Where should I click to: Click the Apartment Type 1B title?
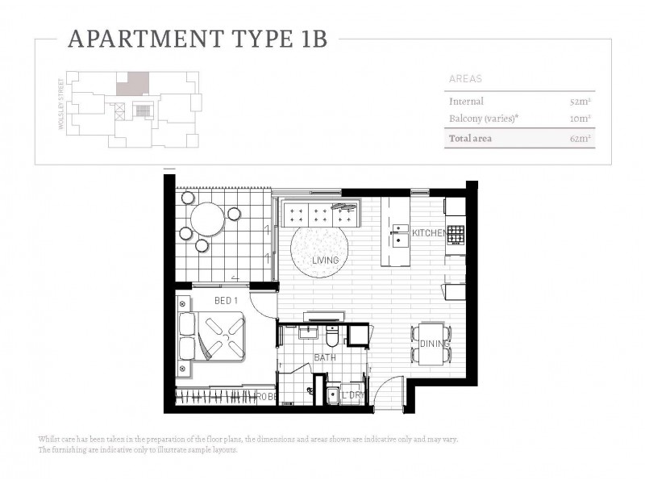click(x=198, y=39)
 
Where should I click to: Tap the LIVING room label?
click(x=325, y=261)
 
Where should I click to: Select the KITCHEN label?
click(x=428, y=233)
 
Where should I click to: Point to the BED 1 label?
click(x=227, y=301)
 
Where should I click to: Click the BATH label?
click(x=325, y=357)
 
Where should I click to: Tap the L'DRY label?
click(x=352, y=396)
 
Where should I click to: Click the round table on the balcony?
click(x=207, y=218)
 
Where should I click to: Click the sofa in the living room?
click(x=320, y=212)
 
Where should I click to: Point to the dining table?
click(x=431, y=343)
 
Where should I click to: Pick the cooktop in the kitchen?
click(x=456, y=235)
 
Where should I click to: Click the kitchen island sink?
click(x=399, y=235)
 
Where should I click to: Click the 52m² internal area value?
click(x=580, y=102)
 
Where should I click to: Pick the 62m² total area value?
click(x=580, y=139)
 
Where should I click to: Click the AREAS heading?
click(x=464, y=79)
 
